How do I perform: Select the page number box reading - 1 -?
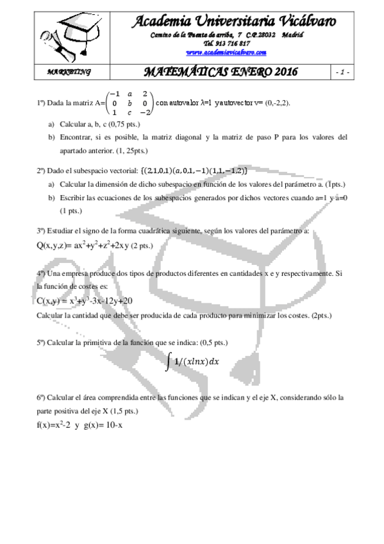click(342, 71)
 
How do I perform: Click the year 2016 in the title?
click(280, 71)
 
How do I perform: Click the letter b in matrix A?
click(129, 102)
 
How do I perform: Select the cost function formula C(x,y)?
click(85, 301)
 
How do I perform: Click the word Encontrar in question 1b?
click(77, 137)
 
